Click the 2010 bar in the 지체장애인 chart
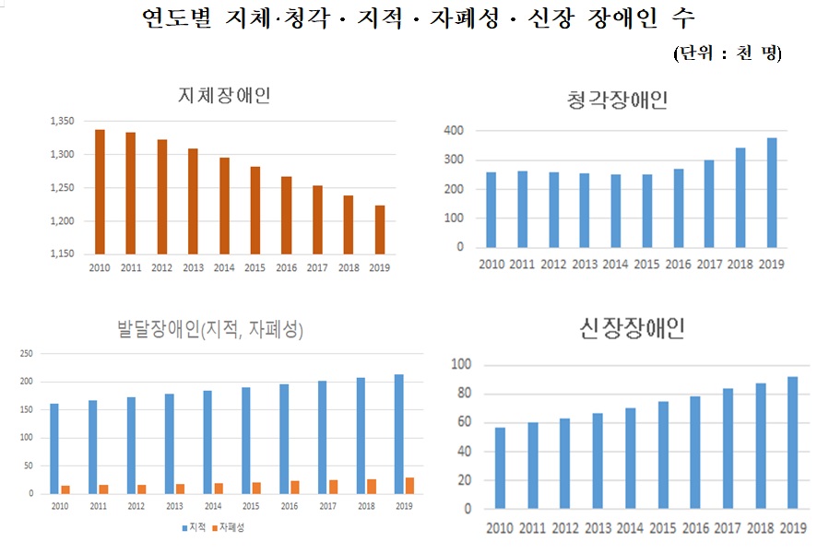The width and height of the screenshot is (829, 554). pyautogui.click(x=100, y=192)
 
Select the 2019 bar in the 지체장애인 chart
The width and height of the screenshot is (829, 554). pyautogui.click(x=379, y=230)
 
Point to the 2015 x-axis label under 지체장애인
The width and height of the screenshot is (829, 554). pyautogui.click(x=255, y=268)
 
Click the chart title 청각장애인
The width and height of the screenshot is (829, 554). pyautogui.click(x=617, y=100)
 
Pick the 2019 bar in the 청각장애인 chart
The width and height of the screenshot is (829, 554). pyautogui.click(x=772, y=193)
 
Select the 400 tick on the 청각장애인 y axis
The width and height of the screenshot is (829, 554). pyautogui.click(x=454, y=131)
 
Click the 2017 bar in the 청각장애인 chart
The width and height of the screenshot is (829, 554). pyautogui.click(x=709, y=204)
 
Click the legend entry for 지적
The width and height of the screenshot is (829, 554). pyautogui.click(x=194, y=527)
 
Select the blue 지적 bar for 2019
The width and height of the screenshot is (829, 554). pyautogui.click(x=398, y=434)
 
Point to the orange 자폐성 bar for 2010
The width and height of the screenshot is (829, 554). pyautogui.click(x=65, y=489)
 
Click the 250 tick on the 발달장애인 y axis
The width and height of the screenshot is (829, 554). pyautogui.click(x=27, y=353)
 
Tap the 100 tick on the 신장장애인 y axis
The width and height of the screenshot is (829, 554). pyautogui.click(x=461, y=365)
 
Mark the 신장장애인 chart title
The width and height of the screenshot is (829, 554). pyautogui.click(x=633, y=328)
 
